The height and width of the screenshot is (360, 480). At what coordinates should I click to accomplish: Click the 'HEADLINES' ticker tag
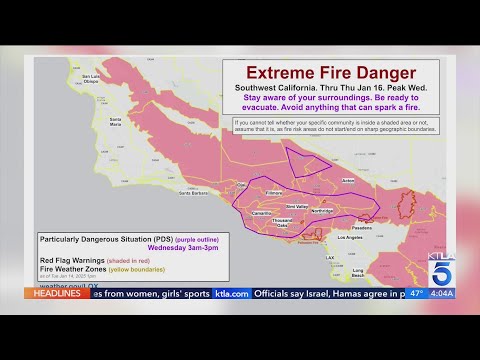[x=52, y=293]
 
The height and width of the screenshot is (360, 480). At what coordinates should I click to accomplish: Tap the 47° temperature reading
[x=415, y=294]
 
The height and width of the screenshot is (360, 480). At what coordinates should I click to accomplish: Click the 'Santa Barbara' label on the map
[x=192, y=192]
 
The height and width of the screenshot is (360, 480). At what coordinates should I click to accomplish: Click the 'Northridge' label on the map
[x=323, y=211]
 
